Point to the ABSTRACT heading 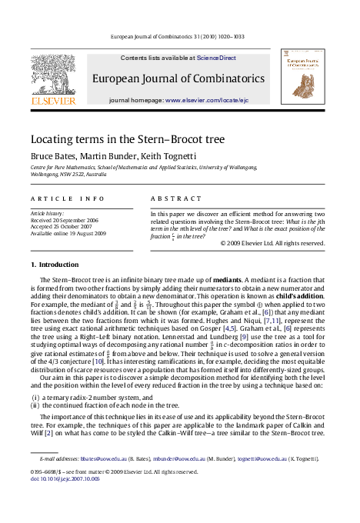pos(175,198)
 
